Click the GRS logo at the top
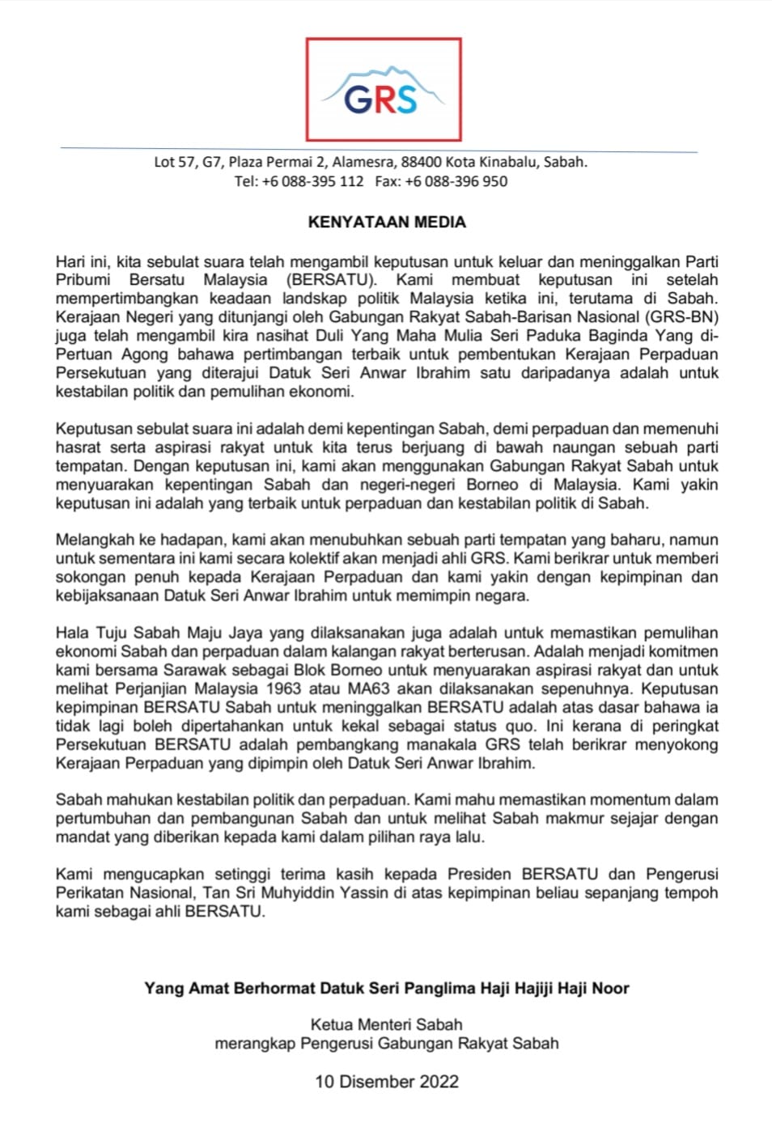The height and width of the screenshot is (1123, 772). tap(383, 90)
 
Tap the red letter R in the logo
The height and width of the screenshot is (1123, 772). tap(382, 100)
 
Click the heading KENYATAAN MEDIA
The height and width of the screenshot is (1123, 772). tap(387, 222)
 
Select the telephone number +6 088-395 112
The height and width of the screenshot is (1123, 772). tap(312, 181)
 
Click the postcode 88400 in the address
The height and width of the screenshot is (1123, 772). tap(421, 162)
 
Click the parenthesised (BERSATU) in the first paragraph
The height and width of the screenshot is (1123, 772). tap(331, 280)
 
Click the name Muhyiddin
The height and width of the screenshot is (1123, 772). tap(329, 892)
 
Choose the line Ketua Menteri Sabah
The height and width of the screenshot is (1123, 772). tap(387, 1024)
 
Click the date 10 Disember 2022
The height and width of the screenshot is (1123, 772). tap(387, 1082)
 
